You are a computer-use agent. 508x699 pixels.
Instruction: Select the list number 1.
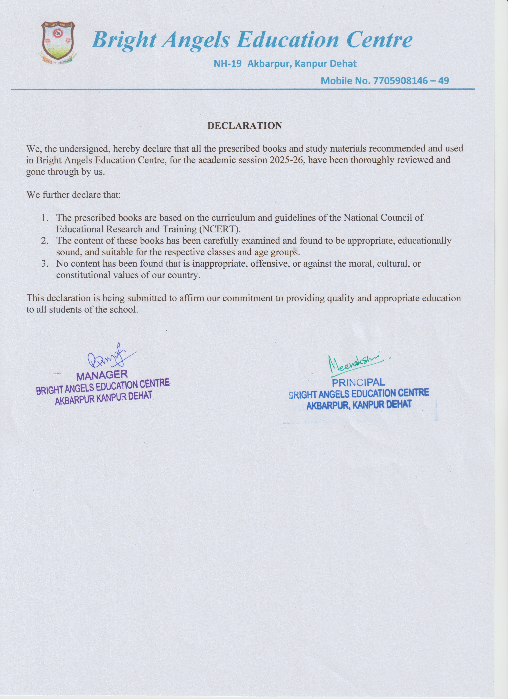point(45,218)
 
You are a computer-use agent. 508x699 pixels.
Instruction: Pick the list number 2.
point(45,241)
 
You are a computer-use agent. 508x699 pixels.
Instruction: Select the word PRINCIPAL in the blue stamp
point(358,382)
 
